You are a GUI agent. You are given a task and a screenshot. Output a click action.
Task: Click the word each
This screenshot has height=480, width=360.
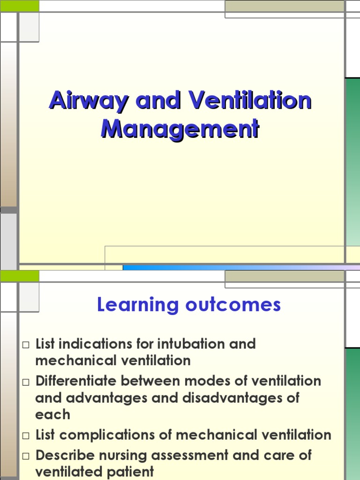tap(52, 414)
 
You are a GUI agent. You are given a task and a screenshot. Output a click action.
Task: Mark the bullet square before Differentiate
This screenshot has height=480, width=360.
tap(26, 382)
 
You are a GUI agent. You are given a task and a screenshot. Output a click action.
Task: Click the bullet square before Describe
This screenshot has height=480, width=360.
tap(26, 456)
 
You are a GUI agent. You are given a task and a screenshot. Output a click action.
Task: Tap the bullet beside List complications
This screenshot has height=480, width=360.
tap(26, 436)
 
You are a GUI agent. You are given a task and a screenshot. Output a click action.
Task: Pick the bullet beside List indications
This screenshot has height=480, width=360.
tap(26, 345)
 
